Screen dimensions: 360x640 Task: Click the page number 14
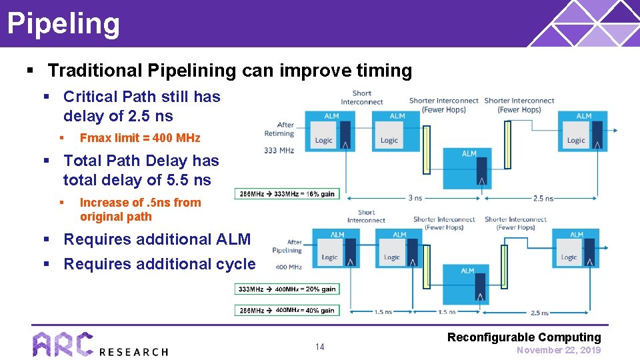(320, 347)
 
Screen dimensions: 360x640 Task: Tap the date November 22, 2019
(558, 350)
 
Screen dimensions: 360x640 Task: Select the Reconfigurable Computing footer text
(524, 337)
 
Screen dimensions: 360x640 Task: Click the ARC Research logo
(100, 344)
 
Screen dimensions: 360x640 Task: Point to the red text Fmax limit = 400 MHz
(139, 138)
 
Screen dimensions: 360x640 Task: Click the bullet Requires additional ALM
(157, 239)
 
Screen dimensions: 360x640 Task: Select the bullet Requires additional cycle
(159, 264)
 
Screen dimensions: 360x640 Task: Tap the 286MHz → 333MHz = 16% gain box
(287, 194)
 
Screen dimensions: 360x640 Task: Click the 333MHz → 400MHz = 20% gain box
(287, 289)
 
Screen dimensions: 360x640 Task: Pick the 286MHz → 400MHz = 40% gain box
(287, 310)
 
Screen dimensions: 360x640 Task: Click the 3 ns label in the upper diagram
(415, 198)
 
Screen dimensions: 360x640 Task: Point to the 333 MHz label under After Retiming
(279, 151)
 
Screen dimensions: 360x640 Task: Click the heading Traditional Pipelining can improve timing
(230, 71)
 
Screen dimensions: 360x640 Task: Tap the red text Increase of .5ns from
(140, 203)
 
